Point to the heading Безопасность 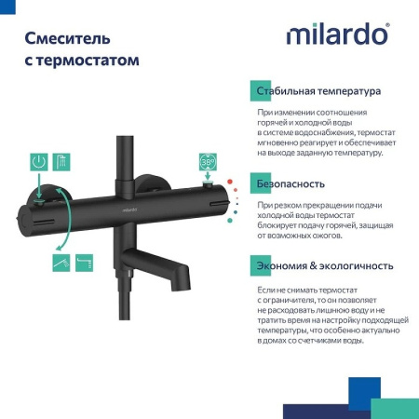coord(291,183)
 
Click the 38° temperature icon coord(207,161)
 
